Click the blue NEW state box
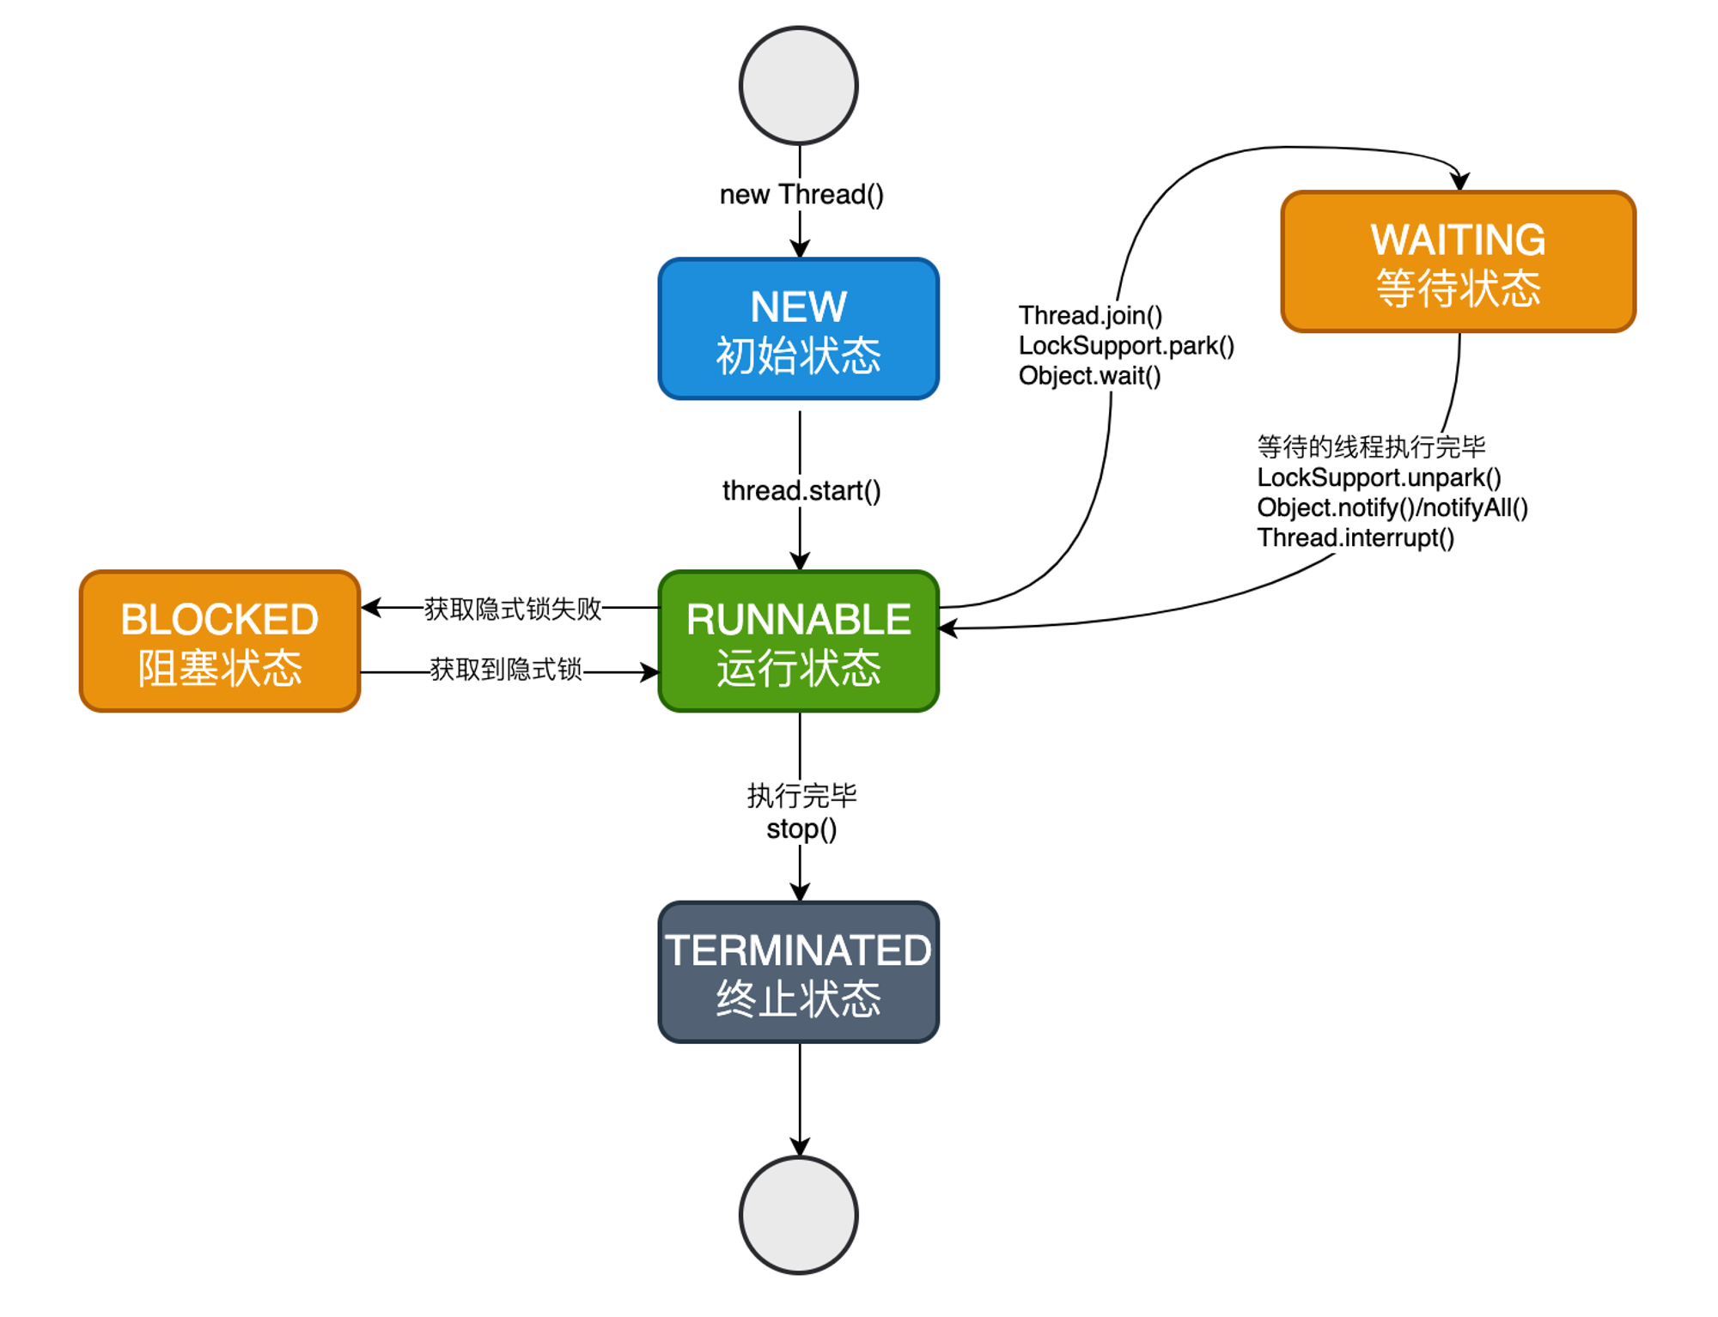click(x=798, y=329)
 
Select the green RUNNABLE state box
click(x=798, y=641)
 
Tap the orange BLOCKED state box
click(x=220, y=641)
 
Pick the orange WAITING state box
click(x=1458, y=262)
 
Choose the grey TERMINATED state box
click(x=798, y=972)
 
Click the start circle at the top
click(x=798, y=86)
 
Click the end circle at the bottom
click(x=798, y=1215)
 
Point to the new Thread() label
click(x=801, y=195)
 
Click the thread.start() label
click(x=801, y=491)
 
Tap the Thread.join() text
click(x=1089, y=316)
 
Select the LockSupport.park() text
click(x=1125, y=346)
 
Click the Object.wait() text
click(x=1089, y=376)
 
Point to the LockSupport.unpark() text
click(x=1379, y=477)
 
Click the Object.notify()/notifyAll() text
click(x=1392, y=507)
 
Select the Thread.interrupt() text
click(x=1355, y=538)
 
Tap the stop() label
click(x=801, y=829)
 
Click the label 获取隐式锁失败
click(x=512, y=609)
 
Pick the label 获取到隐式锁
click(x=505, y=670)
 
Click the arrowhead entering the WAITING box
click(x=1459, y=182)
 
